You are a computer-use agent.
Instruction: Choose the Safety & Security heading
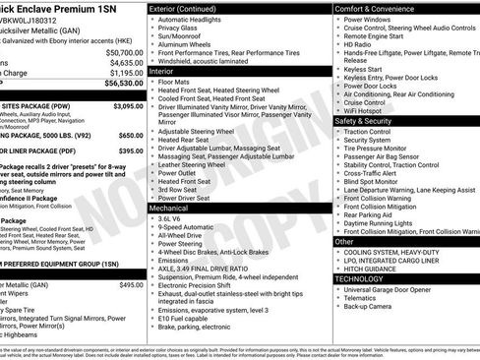(x=364, y=120)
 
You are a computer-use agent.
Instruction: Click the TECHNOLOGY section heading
(x=359, y=278)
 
